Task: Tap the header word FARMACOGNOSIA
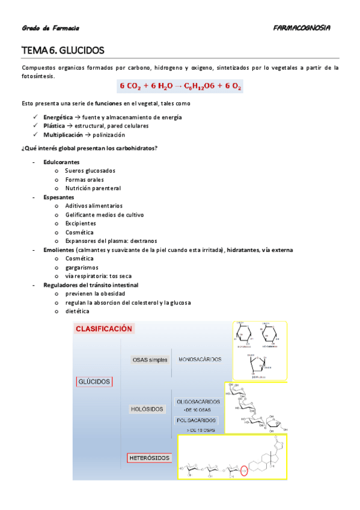point(301,28)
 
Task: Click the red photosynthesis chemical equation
point(180,87)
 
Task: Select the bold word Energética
point(58,117)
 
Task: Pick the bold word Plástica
point(55,126)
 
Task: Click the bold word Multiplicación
point(63,135)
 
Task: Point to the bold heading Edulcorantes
point(61,162)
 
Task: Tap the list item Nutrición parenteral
point(93,188)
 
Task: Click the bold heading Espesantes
point(59,197)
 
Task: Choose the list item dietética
point(77,312)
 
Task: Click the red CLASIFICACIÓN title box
point(103,329)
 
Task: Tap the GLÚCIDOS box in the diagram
point(94,382)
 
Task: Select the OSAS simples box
point(150,360)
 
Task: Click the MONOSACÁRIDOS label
point(200,360)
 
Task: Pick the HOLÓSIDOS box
point(147,409)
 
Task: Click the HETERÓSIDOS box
point(150,458)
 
